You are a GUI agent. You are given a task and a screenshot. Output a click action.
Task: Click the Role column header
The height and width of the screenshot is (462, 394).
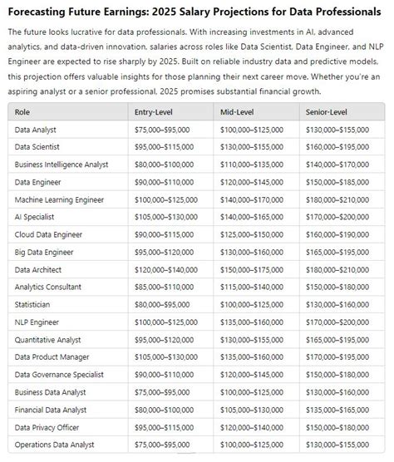click(23, 111)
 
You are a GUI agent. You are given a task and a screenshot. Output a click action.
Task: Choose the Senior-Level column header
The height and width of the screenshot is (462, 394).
click(328, 111)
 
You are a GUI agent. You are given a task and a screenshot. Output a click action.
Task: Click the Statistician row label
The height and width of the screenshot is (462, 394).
click(34, 304)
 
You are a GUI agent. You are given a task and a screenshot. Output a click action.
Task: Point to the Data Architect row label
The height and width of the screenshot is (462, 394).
click(38, 269)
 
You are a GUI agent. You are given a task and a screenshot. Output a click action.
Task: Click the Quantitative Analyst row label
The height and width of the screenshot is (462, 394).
click(47, 339)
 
